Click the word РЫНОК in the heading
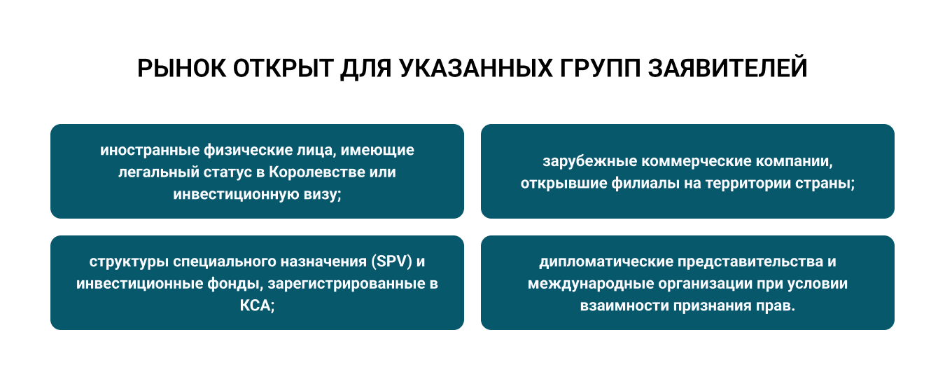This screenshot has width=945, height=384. [x=182, y=68]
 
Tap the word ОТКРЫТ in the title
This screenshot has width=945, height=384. [x=283, y=68]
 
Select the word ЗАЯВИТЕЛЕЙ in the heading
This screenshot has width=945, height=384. [x=728, y=68]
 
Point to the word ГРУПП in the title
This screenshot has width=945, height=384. [x=601, y=68]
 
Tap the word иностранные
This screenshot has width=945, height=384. [x=150, y=151]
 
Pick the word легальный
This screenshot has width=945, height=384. [x=159, y=172]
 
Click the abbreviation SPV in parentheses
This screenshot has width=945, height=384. [x=392, y=262]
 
